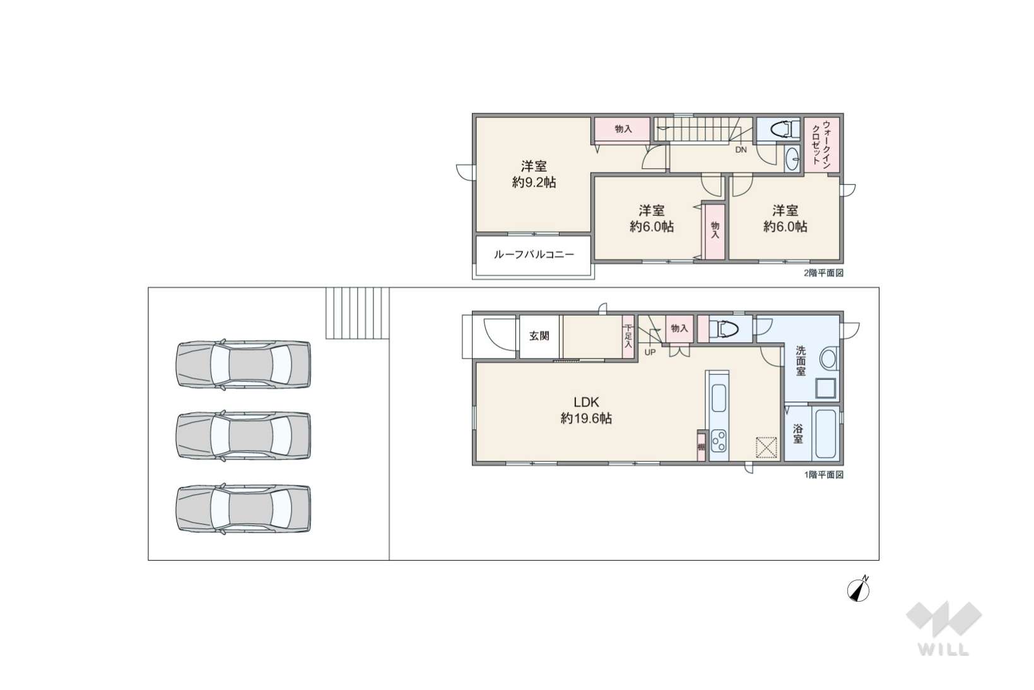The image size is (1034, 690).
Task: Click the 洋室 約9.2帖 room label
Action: (534, 174)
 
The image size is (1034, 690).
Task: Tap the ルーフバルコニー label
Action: (534, 254)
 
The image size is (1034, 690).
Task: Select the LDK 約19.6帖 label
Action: (586, 410)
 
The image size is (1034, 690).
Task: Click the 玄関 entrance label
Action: (539, 336)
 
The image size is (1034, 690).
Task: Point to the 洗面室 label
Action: (801, 360)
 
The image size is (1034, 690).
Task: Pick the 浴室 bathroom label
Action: (798, 434)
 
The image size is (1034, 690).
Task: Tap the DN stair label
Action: (741, 150)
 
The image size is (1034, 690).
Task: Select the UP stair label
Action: (650, 352)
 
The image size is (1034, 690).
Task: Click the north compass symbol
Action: (859, 590)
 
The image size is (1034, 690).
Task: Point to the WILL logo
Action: (944, 628)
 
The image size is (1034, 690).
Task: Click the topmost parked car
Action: (244, 364)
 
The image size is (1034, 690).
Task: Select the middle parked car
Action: (244, 436)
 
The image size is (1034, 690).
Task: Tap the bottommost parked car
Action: (244, 508)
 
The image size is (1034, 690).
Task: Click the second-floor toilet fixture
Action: (785, 129)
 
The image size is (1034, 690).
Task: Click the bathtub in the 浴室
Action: (826, 434)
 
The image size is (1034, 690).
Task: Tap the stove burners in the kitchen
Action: (719, 441)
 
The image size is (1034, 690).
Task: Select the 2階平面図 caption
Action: (823, 273)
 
